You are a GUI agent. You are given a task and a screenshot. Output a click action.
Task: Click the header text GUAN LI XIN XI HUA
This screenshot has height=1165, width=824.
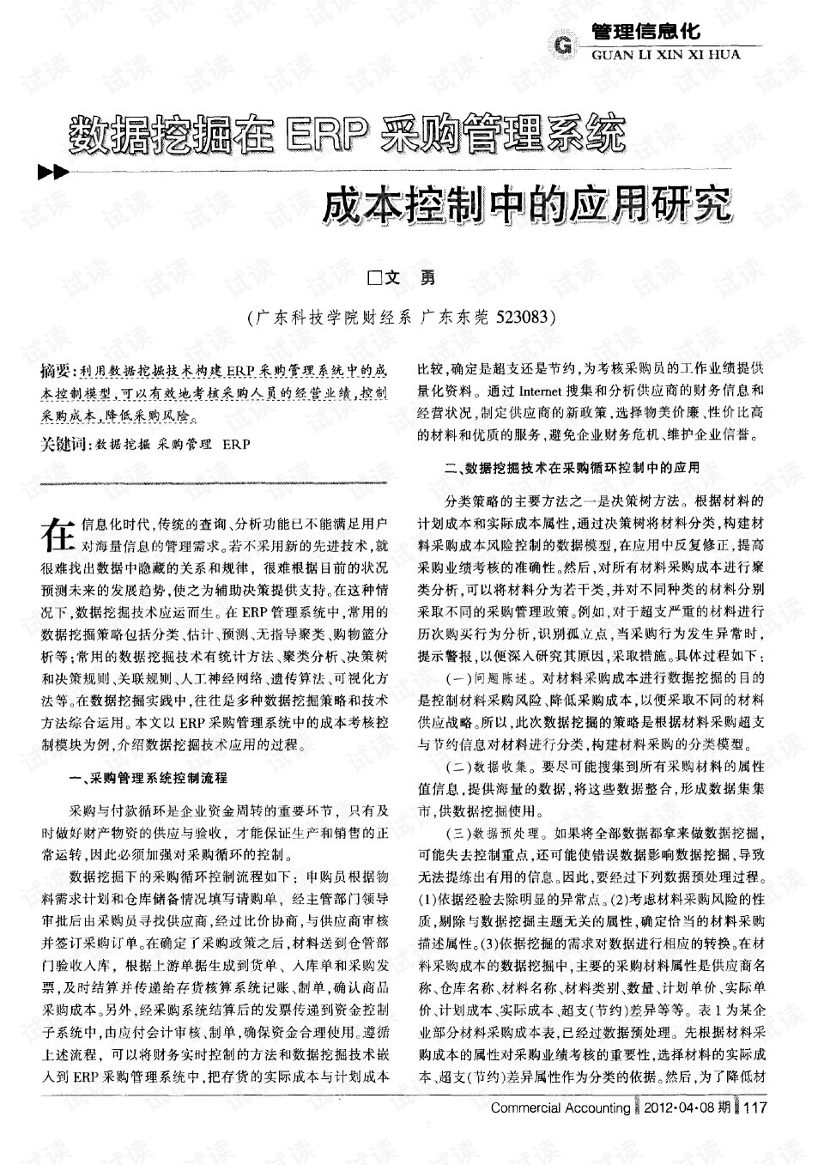pyautogui.click(x=665, y=54)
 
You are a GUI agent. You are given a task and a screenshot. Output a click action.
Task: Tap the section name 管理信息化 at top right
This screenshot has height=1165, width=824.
pyautogui.click(x=646, y=33)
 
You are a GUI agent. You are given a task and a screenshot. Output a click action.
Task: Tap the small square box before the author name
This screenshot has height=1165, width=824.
pyautogui.click(x=373, y=278)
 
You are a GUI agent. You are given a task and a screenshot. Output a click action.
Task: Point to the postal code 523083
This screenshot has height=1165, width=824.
pyautogui.click(x=524, y=317)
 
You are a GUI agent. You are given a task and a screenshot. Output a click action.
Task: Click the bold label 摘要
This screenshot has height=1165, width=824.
pyautogui.click(x=57, y=371)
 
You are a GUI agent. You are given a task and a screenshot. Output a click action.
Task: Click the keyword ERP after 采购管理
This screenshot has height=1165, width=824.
pyautogui.click(x=236, y=446)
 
